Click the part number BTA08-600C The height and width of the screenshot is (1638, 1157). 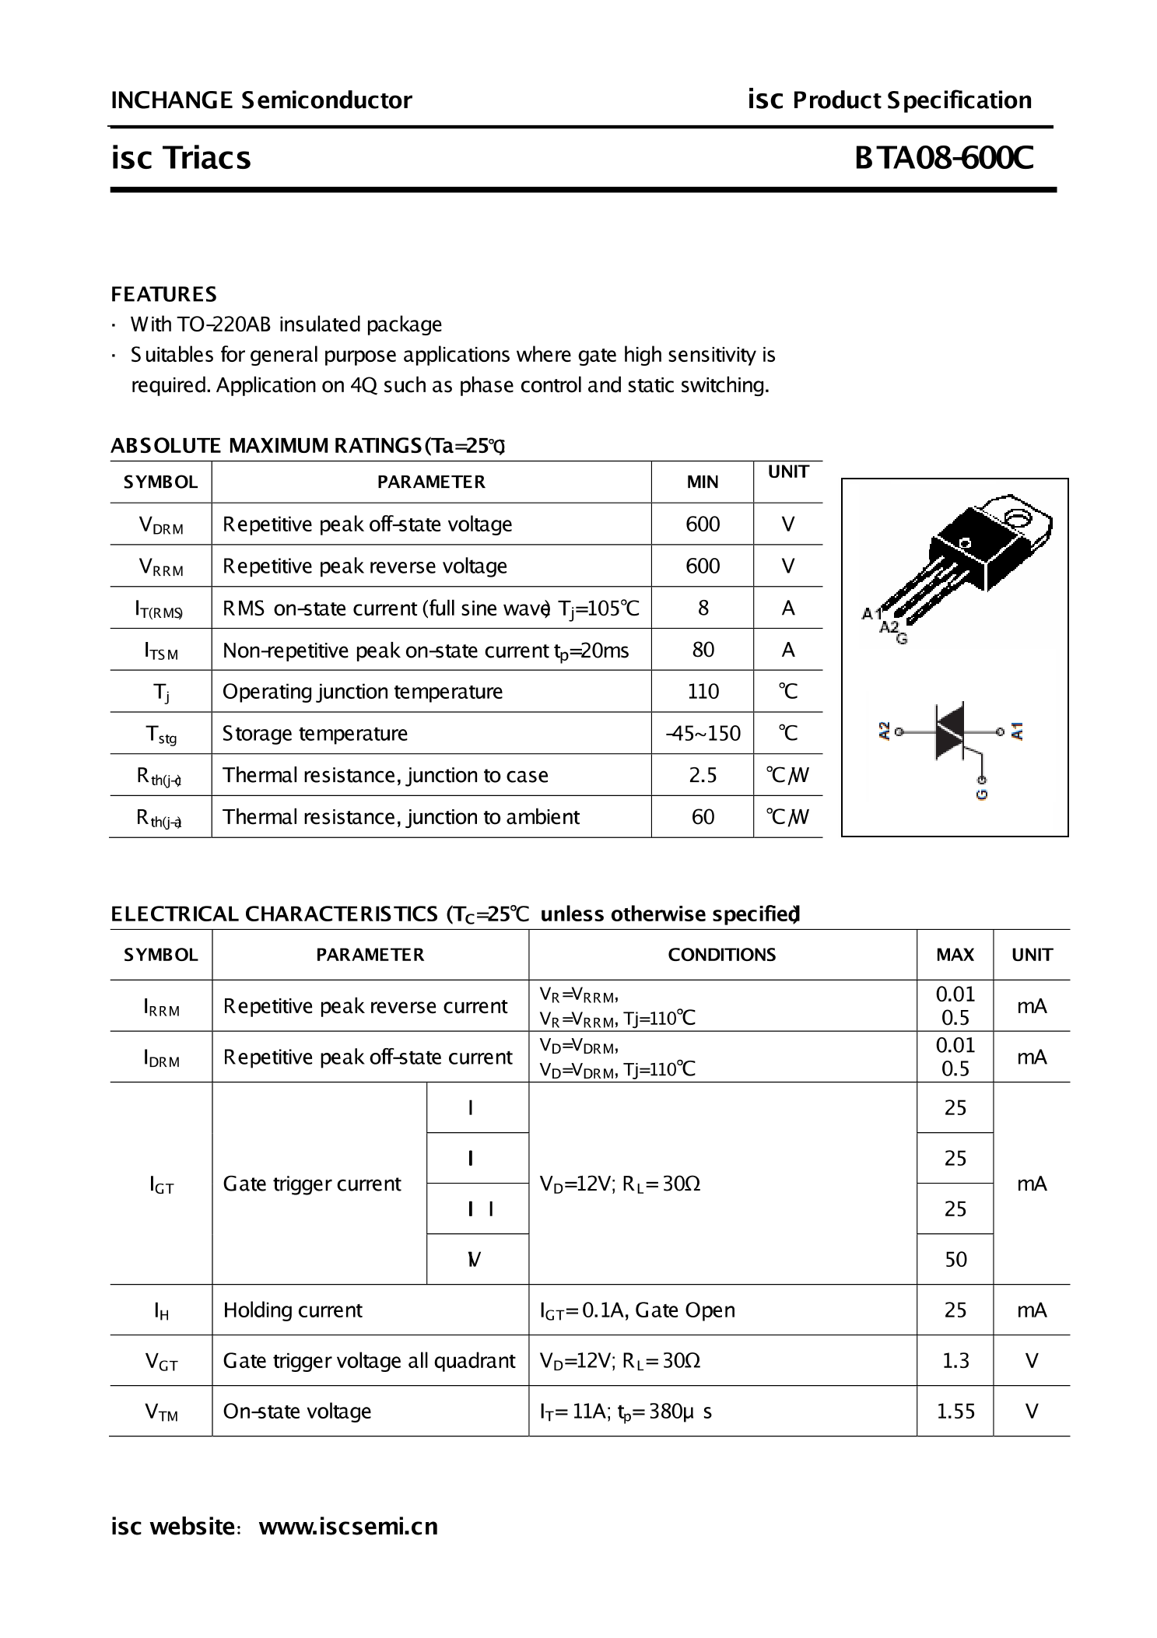[944, 158]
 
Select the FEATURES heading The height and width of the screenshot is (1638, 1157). [163, 294]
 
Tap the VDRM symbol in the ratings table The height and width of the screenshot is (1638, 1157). [161, 525]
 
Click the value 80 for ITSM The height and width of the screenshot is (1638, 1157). [703, 650]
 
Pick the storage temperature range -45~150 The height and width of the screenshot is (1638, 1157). [703, 734]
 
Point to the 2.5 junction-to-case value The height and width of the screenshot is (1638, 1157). [703, 775]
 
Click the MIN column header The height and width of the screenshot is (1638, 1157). [703, 482]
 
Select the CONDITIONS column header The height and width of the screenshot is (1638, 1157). [722, 955]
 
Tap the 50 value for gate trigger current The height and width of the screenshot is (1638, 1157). [955, 1259]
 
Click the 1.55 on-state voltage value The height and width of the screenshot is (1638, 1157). [955, 1411]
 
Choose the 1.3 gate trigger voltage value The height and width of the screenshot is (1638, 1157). [955, 1360]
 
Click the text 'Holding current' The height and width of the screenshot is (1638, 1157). [293, 1310]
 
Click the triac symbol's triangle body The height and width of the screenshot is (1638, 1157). [949, 731]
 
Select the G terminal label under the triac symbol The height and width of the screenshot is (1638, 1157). [982, 794]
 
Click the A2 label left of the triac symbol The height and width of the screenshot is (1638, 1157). [884, 731]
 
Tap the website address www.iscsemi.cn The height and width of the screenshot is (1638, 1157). [348, 1526]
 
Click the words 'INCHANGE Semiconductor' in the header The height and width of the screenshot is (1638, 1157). [261, 100]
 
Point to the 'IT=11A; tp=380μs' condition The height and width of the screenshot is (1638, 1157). [626, 1412]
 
